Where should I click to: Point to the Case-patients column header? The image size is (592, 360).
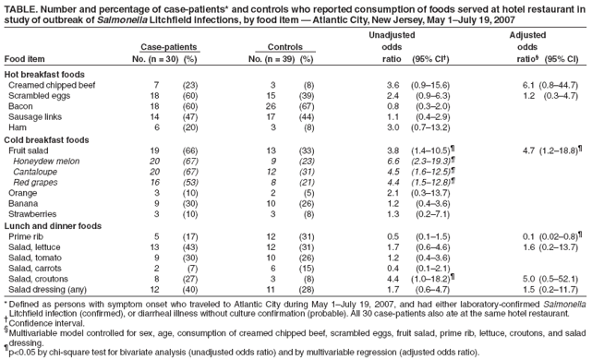pyautogui.click(x=169, y=47)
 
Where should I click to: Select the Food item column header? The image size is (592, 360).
pyautogui.click(x=25, y=59)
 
